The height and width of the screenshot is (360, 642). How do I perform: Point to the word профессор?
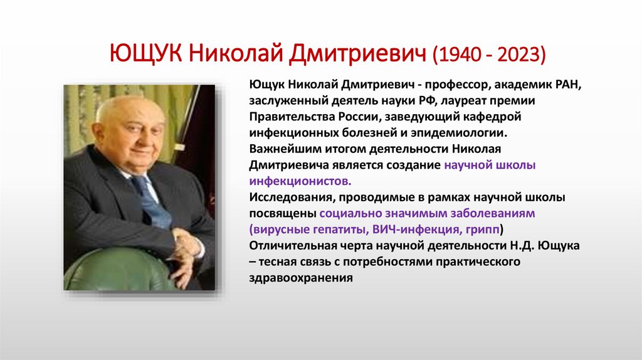click(447, 84)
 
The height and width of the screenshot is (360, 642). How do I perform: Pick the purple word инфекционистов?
click(300, 181)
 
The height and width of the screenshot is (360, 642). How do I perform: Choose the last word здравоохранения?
click(301, 278)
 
